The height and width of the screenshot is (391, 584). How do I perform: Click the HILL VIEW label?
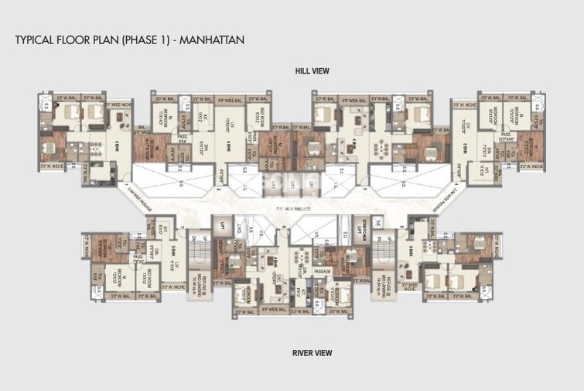click(312, 71)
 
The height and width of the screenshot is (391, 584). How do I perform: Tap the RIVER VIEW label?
click(312, 353)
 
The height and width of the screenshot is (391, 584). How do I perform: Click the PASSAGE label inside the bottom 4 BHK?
click(323, 272)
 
